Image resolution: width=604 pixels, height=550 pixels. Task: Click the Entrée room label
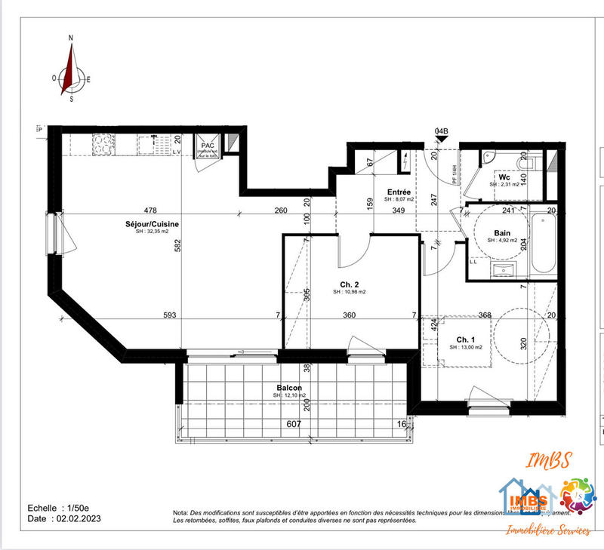tap(399, 192)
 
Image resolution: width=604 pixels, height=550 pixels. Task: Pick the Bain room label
tap(501, 233)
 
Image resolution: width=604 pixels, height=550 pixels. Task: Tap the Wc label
tap(503, 177)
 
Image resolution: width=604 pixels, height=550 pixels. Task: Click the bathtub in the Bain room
tap(543, 245)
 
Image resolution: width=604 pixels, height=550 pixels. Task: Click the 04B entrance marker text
tap(442, 131)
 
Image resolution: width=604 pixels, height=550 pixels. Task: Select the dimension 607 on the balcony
tap(294, 424)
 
